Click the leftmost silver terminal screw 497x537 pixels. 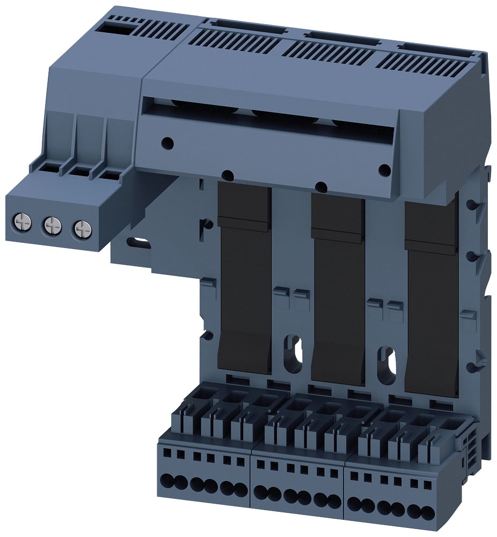(x=23, y=220)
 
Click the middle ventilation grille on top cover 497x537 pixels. (x=327, y=50)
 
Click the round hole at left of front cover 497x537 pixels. (x=167, y=143)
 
